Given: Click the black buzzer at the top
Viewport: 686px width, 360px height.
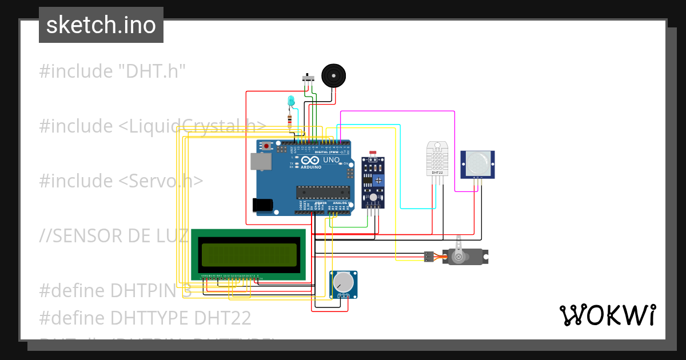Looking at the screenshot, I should point(333,75).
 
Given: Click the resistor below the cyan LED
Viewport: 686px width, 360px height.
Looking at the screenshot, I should point(290,121).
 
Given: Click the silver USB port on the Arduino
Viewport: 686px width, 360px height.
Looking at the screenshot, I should point(261,162).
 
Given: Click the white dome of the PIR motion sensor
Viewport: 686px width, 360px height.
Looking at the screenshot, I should point(477,163).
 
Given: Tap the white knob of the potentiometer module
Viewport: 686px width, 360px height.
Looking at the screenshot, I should point(343,282).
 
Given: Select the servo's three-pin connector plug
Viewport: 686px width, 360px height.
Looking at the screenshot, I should point(429,257).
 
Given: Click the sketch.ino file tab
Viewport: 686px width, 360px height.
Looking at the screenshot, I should point(101,25).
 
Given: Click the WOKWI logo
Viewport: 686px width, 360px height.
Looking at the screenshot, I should point(607,315).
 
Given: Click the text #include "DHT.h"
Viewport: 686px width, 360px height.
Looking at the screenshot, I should point(113,71).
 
